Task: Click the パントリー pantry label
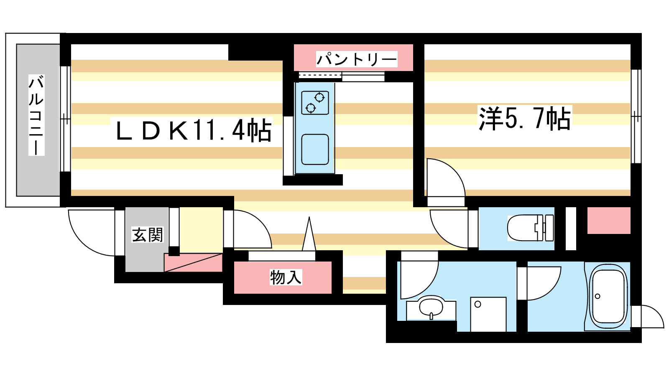click(x=357, y=59)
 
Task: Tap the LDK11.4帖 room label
click(x=194, y=130)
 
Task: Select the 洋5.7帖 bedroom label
click(x=525, y=118)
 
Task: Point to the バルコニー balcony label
click(x=36, y=115)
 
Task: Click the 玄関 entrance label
click(x=148, y=234)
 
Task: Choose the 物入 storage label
click(x=286, y=277)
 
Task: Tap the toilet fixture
click(x=531, y=228)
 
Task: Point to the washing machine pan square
click(x=488, y=314)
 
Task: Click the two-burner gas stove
click(x=315, y=103)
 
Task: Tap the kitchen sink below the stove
click(x=315, y=150)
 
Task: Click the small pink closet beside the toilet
click(x=609, y=221)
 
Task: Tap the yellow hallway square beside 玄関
click(x=201, y=230)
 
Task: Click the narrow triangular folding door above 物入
click(x=309, y=234)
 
